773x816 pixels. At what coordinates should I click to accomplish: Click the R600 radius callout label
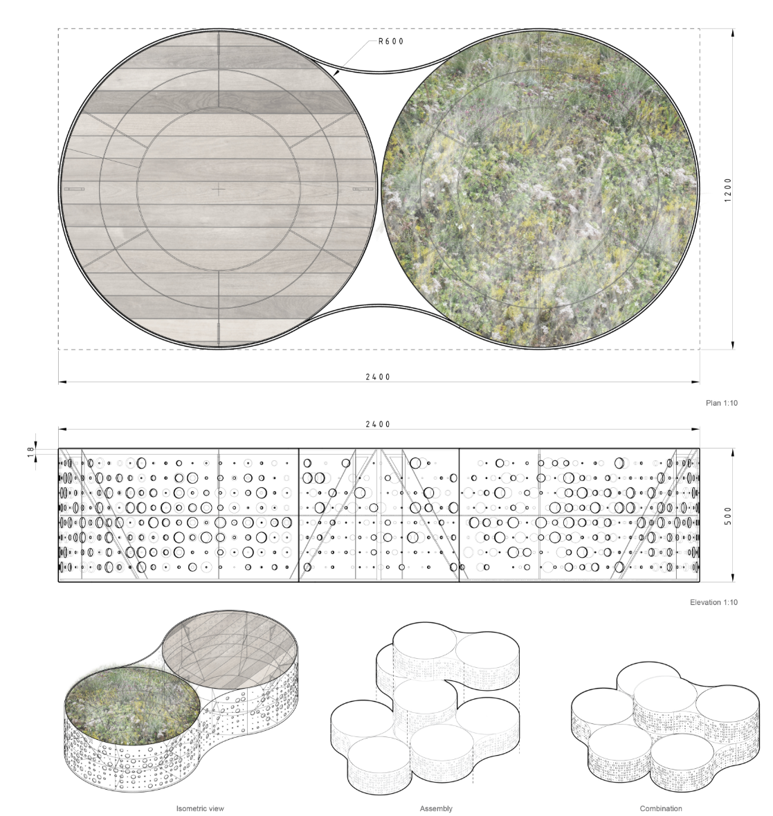390,42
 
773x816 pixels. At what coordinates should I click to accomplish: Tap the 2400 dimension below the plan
379,377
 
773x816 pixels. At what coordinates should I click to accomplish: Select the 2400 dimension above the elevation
379,424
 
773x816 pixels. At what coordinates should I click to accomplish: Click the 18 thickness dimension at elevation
30,450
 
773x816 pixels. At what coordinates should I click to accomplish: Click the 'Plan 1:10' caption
721,403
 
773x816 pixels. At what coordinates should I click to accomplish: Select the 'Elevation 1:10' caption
713,602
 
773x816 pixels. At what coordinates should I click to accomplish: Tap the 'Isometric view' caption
200,808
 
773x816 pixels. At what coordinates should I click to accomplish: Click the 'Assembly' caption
436,808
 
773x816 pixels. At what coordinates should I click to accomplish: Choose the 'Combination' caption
661,808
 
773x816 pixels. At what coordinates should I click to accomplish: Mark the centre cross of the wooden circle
219,188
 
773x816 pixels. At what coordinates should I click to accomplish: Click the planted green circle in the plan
539,188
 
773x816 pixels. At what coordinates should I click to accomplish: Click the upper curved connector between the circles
379,66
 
